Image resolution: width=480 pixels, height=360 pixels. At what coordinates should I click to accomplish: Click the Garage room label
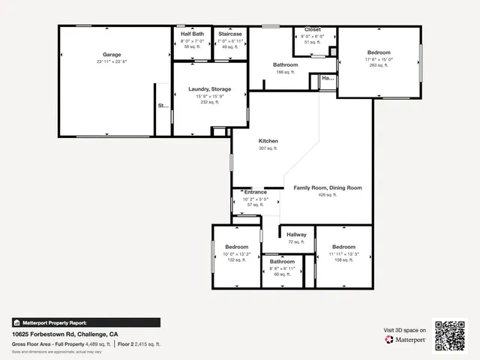pos(112,55)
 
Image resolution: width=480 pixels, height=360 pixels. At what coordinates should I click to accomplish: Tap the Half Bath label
pos(192,34)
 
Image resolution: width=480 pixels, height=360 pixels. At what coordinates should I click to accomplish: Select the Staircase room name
pos(229,34)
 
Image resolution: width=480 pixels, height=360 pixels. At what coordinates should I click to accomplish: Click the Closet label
pos(312,29)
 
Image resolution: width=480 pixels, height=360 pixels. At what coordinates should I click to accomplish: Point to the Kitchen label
pos(268,141)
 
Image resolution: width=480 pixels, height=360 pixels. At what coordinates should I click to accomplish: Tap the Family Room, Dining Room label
pos(327,187)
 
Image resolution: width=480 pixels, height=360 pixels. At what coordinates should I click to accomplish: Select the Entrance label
pos(256,192)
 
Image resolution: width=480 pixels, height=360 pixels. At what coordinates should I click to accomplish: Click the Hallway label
pos(296,235)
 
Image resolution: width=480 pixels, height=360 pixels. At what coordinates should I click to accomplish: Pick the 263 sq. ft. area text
pos(379,65)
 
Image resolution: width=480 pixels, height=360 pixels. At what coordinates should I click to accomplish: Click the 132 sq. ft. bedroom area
pos(237,260)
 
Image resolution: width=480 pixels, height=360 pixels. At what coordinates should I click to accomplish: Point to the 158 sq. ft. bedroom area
pos(343,260)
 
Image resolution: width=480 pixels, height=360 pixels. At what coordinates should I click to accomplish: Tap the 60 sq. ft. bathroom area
pos(282,274)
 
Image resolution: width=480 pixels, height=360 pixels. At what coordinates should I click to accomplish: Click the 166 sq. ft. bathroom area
pos(285,72)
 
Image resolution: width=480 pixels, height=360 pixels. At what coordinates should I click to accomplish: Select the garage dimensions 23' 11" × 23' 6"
pos(112,62)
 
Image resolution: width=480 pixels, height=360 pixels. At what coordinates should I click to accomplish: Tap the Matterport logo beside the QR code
pos(405,339)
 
